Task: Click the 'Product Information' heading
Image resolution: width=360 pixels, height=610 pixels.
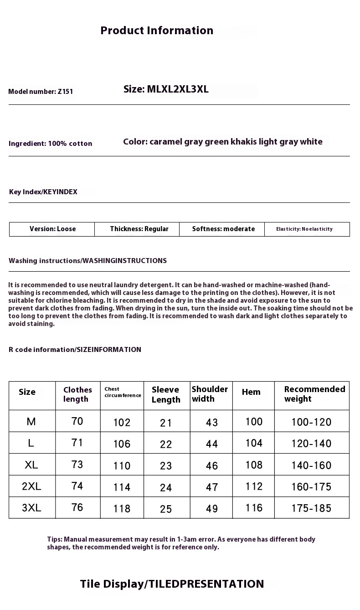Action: tap(157, 31)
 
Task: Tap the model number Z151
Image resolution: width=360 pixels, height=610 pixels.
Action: tap(41, 92)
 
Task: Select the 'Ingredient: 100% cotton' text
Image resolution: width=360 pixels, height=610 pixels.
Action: tap(50, 144)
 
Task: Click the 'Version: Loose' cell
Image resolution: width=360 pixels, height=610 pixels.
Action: tap(52, 229)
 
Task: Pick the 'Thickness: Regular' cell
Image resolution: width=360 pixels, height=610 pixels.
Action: tap(139, 229)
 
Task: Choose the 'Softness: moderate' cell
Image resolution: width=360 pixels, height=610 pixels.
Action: tap(223, 229)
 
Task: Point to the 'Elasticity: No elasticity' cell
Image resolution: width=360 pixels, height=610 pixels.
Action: tap(304, 229)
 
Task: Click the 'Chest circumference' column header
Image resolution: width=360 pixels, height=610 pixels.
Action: tap(123, 393)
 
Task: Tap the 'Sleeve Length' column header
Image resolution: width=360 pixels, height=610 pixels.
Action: tap(166, 395)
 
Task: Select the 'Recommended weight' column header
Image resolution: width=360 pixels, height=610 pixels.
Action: tap(314, 394)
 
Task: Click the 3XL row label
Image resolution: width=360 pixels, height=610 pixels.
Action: tap(31, 508)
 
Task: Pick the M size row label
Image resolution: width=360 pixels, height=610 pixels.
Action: tap(31, 422)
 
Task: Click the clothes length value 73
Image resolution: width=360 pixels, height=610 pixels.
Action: tap(77, 465)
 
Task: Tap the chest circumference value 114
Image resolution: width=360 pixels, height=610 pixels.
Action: tap(122, 487)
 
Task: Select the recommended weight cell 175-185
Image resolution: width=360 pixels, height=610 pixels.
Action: tap(311, 508)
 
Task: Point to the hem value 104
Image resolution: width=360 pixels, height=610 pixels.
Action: tap(254, 443)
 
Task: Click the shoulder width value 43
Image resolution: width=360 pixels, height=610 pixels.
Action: tap(212, 423)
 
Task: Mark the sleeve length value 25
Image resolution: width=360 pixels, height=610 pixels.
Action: tap(166, 509)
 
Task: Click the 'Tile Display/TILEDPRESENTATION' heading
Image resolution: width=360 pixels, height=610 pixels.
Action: tap(172, 584)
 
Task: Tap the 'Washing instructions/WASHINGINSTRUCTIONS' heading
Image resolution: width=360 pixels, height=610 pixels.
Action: tap(87, 261)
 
